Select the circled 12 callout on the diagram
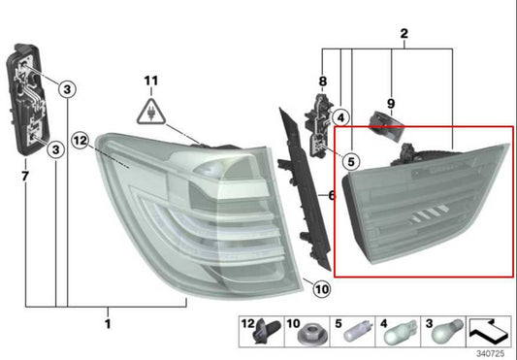coord(81,141)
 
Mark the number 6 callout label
coord(331,195)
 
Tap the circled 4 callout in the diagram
coord(340,117)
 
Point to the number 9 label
coord(391,102)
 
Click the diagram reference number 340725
coord(492,351)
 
